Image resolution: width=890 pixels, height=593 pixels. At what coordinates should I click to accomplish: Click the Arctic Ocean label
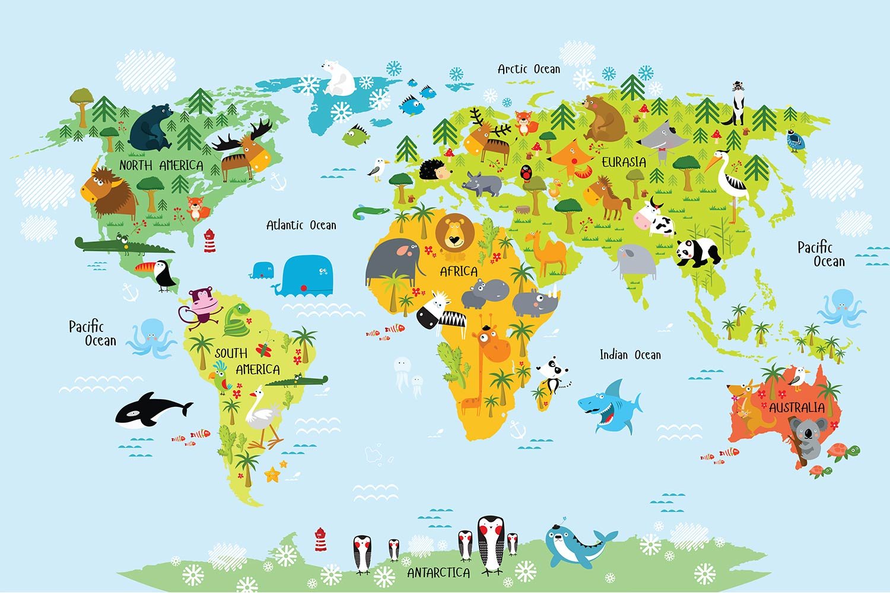pyautogui.click(x=529, y=69)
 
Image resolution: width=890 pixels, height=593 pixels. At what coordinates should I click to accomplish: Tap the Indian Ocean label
pyautogui.click(x=630, y=355)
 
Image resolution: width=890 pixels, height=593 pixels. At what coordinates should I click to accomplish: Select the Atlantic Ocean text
pyautogui.click(x=301, y=225)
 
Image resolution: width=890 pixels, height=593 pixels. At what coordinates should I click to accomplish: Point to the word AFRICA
pyautogui.click(x=458, y=272)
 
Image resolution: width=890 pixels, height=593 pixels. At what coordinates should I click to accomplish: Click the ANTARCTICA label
pyautogui.click(x=438, y=573)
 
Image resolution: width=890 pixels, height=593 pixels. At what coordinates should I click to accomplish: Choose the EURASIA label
pyautogui.click(x=624, y=162)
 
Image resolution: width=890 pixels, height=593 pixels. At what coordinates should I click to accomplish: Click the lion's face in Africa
pyautogui.click(x=454, y=235)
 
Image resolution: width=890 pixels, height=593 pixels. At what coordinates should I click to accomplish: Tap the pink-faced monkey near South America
pyautogui.click(x=202, y=305)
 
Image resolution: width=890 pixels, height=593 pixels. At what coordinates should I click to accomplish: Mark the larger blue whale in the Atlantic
pyautogui.click(x=307, y=276)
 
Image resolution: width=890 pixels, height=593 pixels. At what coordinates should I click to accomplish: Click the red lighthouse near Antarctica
pyautogui.click(x=320, y=539)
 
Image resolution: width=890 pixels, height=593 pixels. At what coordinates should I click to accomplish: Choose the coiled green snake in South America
pyautogui.click(x=237, y=320)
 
